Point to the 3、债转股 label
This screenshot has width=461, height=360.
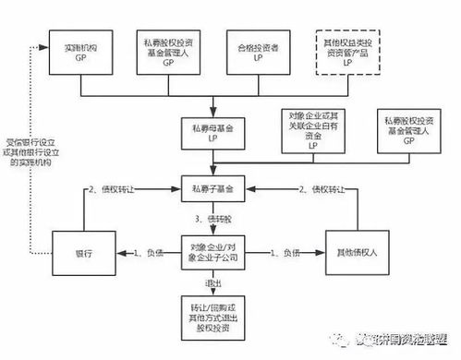click(x=213, y=220)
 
